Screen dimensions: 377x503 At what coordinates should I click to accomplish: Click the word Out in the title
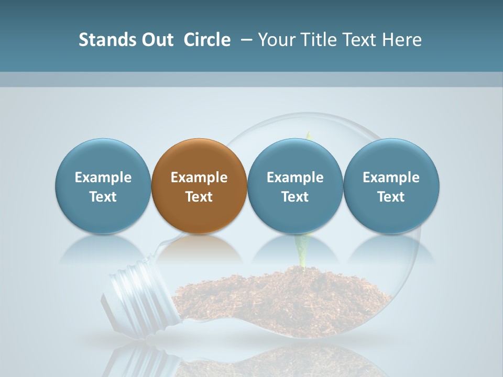[x=156, y=40]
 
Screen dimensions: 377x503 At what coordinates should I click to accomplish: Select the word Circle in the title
[x=207, y=40]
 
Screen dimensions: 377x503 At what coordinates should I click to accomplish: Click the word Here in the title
[x=401, y=40]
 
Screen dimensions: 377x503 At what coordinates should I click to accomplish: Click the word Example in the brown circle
[x=199, y=178]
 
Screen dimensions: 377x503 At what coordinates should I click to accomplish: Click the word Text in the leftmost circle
[x=103, y=197]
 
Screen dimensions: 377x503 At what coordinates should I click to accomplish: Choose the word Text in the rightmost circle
[x=391, y=197]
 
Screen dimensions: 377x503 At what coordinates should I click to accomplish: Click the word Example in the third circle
[x=295, y=178]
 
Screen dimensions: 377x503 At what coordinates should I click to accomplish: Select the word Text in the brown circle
[x=199, y=197]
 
